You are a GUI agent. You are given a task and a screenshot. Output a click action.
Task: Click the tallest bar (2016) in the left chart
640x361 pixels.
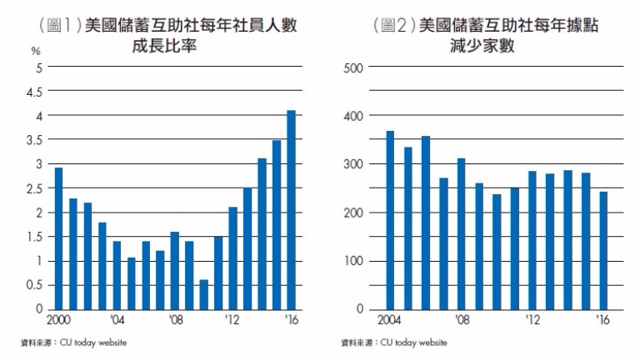(x=292, y=210)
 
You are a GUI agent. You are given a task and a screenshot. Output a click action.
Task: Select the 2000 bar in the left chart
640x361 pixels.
(x=58, y=238)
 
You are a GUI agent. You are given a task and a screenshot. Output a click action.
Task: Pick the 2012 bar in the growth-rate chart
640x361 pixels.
(x=232, y=258)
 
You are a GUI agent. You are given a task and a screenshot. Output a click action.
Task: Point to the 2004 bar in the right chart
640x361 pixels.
(x=390, y=220)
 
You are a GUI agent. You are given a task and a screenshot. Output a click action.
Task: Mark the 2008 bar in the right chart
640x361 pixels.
(x=462, y=233)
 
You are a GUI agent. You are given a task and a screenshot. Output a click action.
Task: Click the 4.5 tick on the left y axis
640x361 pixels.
(x=36, y=91)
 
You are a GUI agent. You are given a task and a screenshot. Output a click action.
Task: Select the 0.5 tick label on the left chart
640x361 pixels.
(x=36, y=285)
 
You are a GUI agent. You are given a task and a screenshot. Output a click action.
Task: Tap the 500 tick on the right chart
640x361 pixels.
(x=353, y=67)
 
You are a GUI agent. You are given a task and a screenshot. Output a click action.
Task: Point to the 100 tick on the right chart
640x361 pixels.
(x=353, y=261)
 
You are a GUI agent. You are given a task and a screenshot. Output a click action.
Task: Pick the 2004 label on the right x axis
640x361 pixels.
(x=389, y=320)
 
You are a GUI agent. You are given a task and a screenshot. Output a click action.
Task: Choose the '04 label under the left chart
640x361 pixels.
(x=117, y=320)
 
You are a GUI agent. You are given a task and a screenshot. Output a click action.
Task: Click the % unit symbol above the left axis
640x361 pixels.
(x=36, y=52)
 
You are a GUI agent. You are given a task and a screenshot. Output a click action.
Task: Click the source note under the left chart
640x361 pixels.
(x=74, y=343)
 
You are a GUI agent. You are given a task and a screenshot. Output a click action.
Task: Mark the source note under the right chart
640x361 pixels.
(x=394, y=343)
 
